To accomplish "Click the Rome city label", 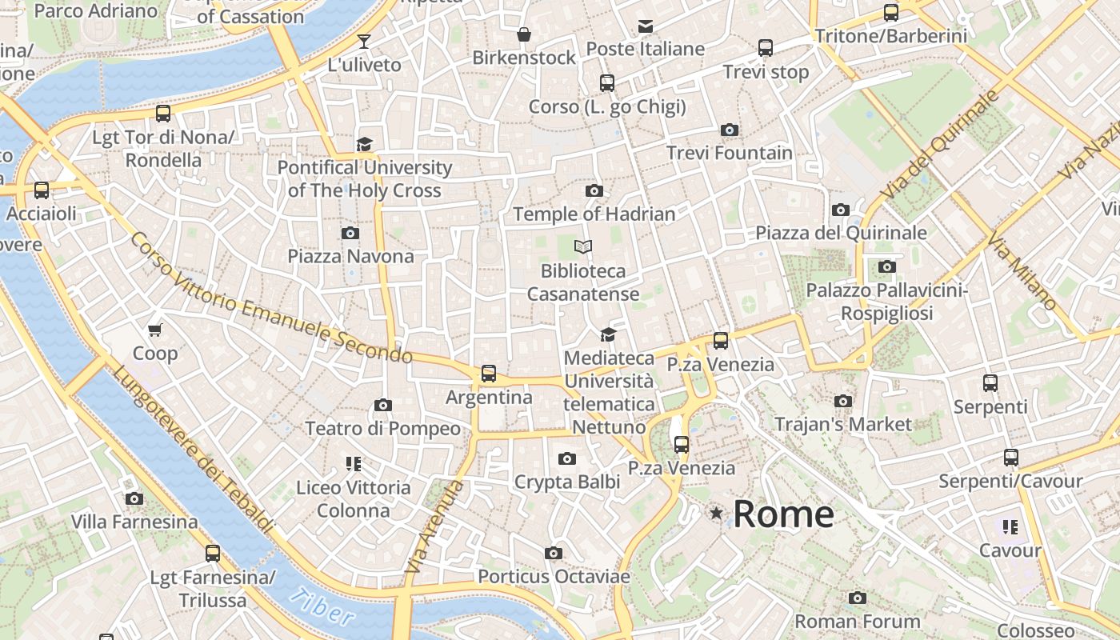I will pyautogui.click(x=783, y=514).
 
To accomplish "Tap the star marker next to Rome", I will pyautogui.click(x=716, y=513).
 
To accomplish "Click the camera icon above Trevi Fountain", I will pyautogui.click(x=729, y=130).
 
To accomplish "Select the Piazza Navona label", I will pyautogui.click(x=350, y=256).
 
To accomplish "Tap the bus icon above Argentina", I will pyautogui.click(x=488, y=374).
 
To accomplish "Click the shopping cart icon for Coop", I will pyautogui.click(x=155, y=330).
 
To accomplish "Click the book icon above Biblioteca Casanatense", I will pyautogui.click(x=584, y=247).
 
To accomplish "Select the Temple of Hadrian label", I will pyautogui.click(x=594, y=214).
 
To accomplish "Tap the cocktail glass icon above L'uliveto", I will pyautogui.click(x=364, y=41).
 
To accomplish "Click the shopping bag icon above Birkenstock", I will pyautogui.click(x=523, y=34).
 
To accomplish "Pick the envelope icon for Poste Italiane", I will pyautogui.click(x=645, y=26).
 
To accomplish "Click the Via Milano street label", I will pyautogui.click(x=1022, y=272).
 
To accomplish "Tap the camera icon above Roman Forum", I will pyautogui.click(x=857, y=598).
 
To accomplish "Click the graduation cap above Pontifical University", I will pyautogui.click(x=364, y=144).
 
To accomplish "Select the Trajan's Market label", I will pyautogui.click(x=842, y=424).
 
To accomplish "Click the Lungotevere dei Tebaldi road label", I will pyautogui.click(x=192, y=448).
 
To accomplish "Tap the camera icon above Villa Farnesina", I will pyautogui.click(x=134, y=499).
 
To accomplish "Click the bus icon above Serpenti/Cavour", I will pyautogui.click(x=1010, y=458).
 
